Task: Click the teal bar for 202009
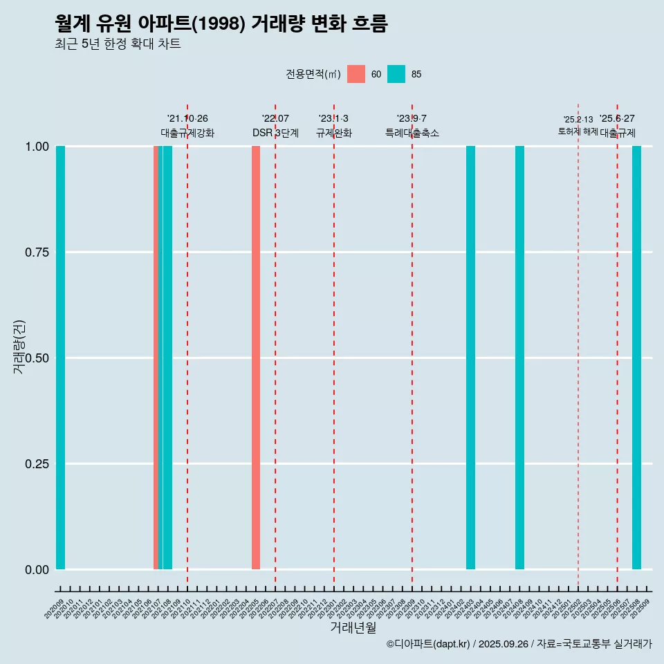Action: [x=60, y=358]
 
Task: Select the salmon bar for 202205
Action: [x=256, y=358]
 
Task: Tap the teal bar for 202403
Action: [x=470, y=358]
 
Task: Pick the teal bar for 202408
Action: [x=519, y=358]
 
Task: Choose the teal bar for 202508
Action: [x=636, y=358]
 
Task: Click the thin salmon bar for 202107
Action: [x=156, y=358]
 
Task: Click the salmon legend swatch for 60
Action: [x=356, y=74]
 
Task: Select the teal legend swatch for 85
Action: [x=396, y=74]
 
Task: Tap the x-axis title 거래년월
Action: [x=353, y=628]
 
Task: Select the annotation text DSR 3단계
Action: [x=275, y=133]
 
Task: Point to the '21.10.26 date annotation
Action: [x=187, y=119]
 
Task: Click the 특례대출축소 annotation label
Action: [x=412, y=133]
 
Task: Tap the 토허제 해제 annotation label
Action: [x=578, y=131]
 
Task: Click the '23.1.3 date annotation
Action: [x=333, y=119]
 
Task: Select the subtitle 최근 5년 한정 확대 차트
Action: [x=118, y=44]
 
